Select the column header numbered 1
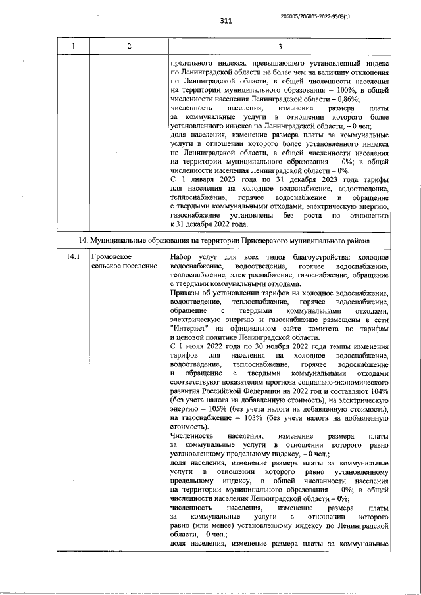click(73, 46)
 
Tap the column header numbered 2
click(129, 46)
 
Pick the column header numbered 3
click(280, 46)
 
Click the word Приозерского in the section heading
click(272, 241)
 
